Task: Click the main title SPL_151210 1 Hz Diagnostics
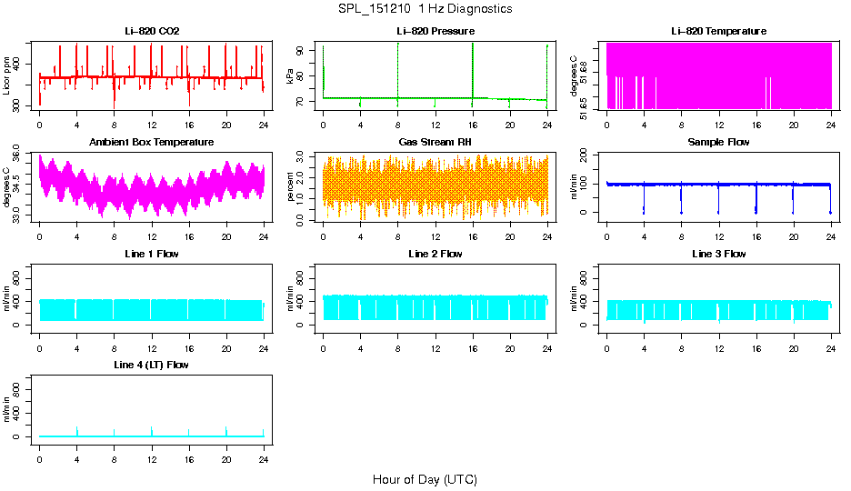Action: click(425, 9)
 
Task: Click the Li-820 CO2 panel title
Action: click(152, 31)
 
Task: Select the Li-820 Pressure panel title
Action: click(435, 31)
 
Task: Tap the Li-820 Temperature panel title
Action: click(718, 31)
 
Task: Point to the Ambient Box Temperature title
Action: click(152, 142)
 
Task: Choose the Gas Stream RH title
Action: click(435, 142)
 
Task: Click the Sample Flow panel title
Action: click(718, 142)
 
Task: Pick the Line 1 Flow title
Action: click(152, 254)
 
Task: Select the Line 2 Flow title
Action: click(435, 254)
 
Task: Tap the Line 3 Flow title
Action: click(718, 254)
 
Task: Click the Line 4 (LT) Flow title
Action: click(152, 365)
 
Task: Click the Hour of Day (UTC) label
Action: click(425, 479)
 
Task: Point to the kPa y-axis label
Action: click(290, 76)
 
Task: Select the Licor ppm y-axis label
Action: click(7, 76)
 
